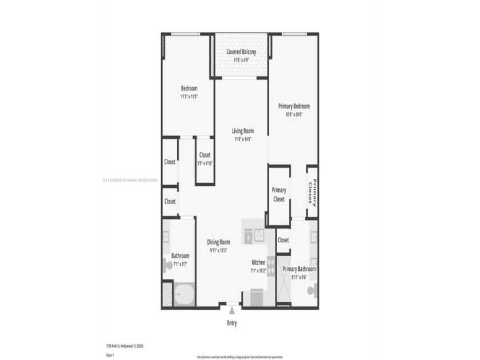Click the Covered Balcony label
[x=241, y=51]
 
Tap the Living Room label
[x=242, y=131]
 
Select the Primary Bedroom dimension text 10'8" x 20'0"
[x=293, y=114]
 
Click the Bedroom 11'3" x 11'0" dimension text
[x=189, y=97]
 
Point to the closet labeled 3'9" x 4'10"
[x=204, y=159]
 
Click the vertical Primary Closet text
[x=312, y=191]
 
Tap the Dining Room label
[x=218, y=242]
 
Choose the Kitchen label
[x=258, y=263]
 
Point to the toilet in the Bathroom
[x=167, y=264]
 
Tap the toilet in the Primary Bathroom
[x=312, y=290]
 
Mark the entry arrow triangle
[x=232, y=310]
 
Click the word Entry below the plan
[x=231, y=323]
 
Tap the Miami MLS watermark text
[x=130, y=180]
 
